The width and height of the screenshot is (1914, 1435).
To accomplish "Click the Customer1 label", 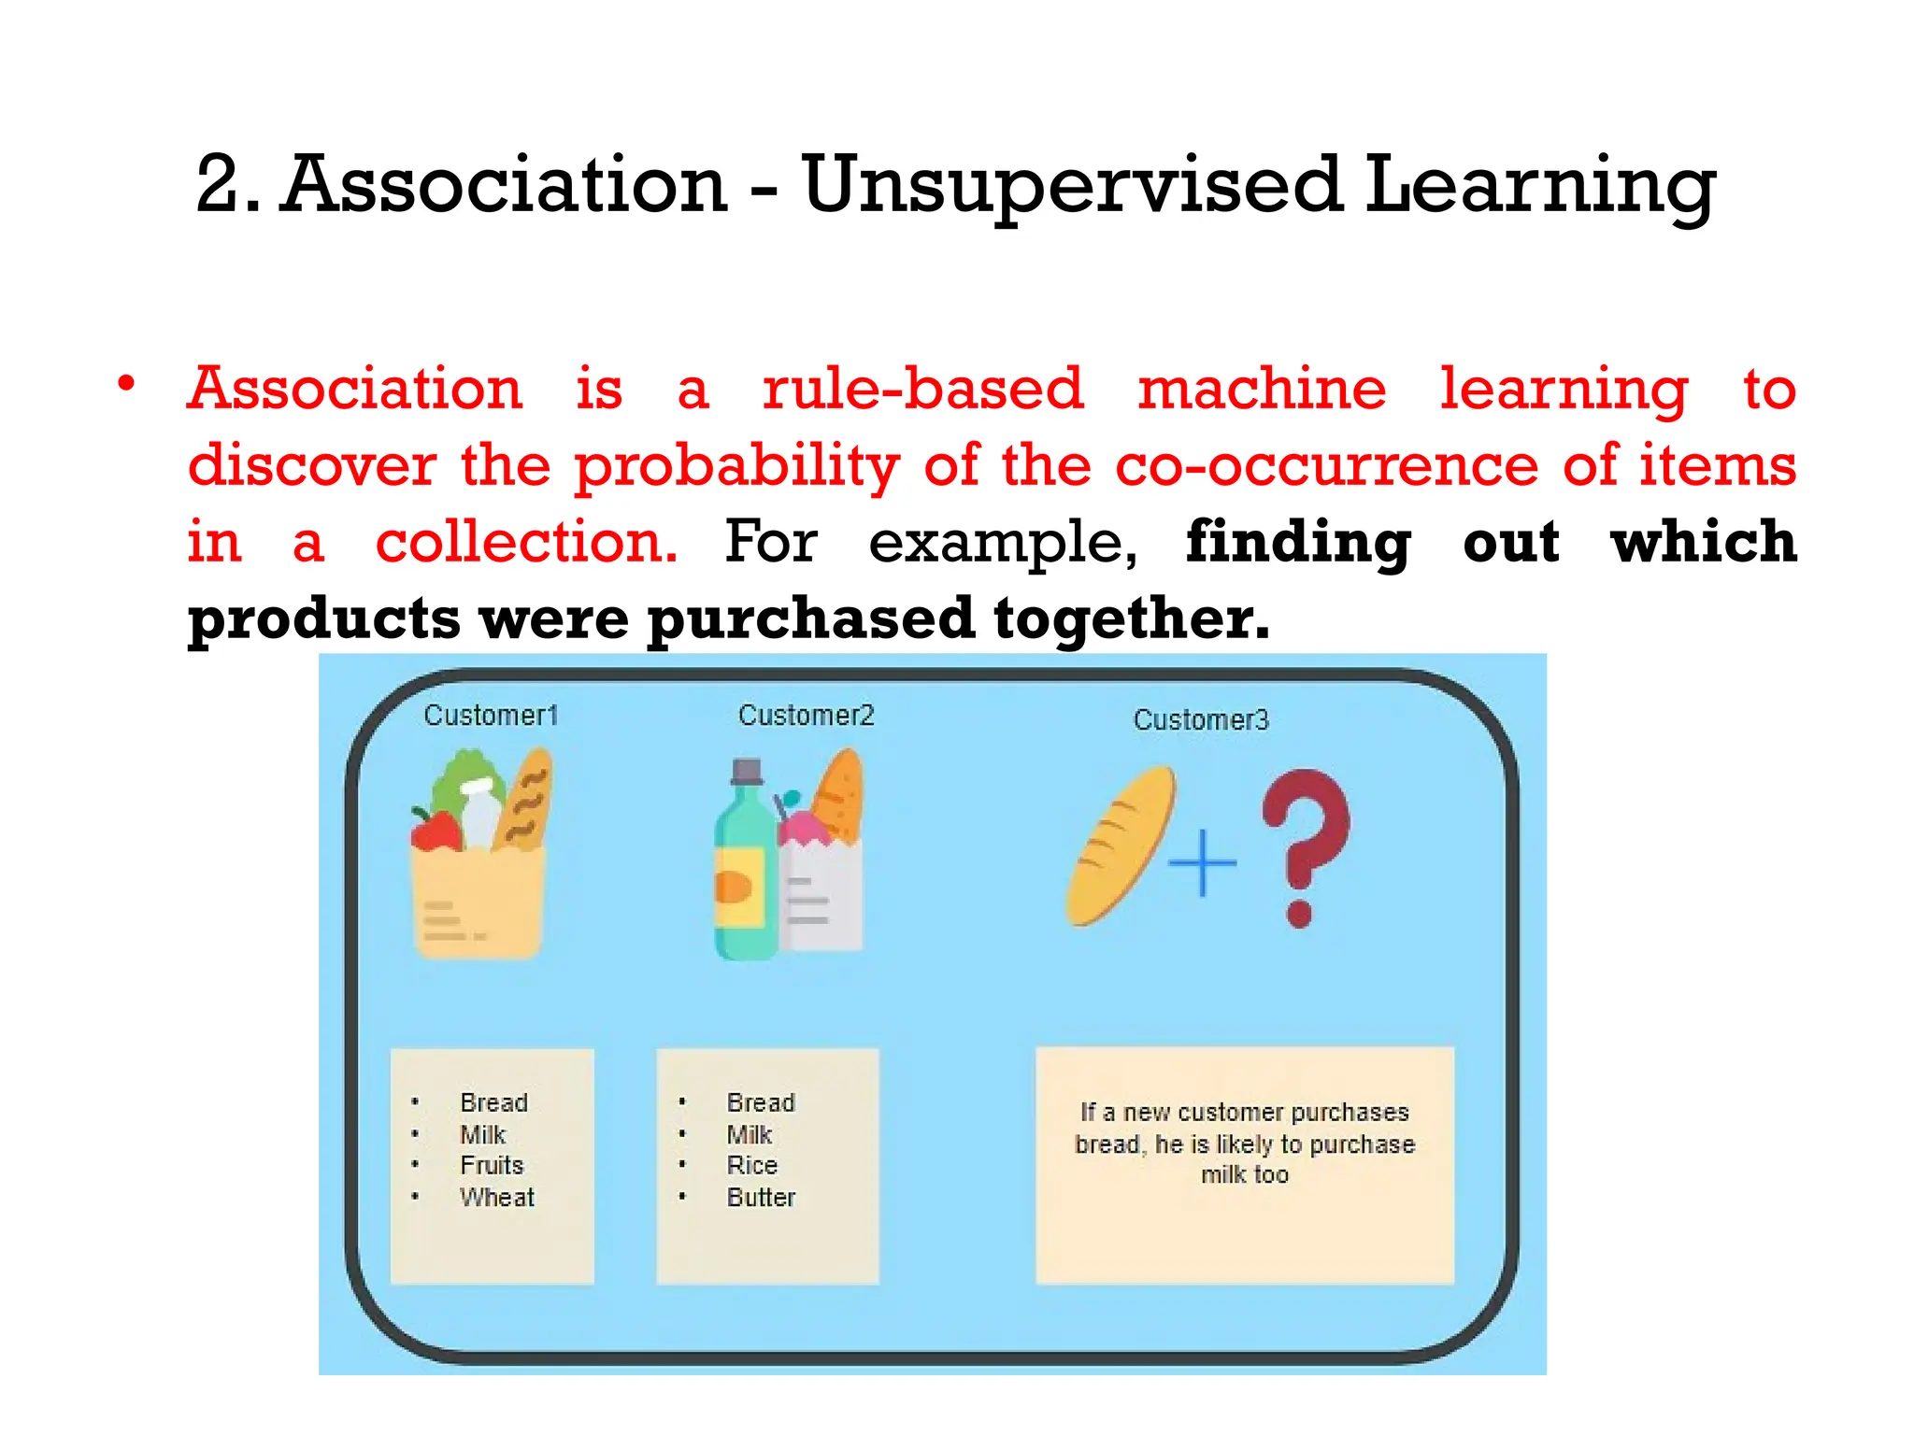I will click(491, 716).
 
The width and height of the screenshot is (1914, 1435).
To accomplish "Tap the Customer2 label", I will click(806, 716).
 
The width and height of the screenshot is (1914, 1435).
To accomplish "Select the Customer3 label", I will click(1201, 720).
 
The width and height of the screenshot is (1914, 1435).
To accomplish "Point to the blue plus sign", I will click(1202, 862).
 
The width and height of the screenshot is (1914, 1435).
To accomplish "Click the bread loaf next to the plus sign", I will click(1120, 845).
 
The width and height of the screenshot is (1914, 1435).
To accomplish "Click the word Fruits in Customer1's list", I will click(492, 1166).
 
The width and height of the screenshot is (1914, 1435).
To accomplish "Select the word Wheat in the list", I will click(496, 1198).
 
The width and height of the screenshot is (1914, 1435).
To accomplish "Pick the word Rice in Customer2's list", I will click(751, 1166).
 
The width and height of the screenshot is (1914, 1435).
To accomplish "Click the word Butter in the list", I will click(761, 1198).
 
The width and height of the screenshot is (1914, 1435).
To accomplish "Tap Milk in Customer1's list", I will click(482, 1135).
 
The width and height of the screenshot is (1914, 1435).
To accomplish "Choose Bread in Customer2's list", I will click(760, 1103).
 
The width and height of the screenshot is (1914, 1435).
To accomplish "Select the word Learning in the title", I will click(1540, 185).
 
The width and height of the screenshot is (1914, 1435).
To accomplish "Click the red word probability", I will click(736, 466).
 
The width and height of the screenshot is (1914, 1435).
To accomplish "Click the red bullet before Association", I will click(126, 384).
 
